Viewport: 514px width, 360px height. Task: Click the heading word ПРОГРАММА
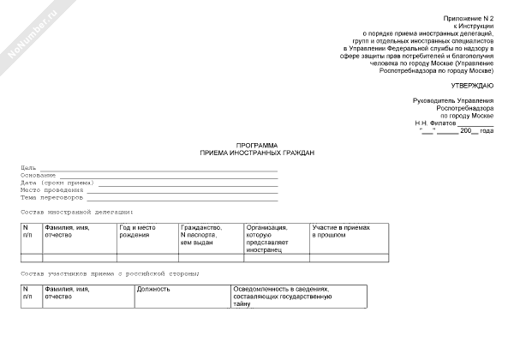[257, 146]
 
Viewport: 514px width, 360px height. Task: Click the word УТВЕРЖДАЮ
[472, 87]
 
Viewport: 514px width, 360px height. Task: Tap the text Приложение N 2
[469, 18]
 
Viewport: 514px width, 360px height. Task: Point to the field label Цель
[27, 166]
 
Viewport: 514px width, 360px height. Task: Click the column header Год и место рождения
[137, 231]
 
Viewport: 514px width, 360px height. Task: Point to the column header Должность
[153, 289]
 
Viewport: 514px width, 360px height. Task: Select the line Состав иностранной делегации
[76, 210]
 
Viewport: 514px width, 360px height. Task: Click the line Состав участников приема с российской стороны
[111, 273]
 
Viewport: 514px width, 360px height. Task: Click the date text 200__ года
[476, 130]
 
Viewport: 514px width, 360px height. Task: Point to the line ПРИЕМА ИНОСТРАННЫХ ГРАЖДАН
[257, 153]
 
